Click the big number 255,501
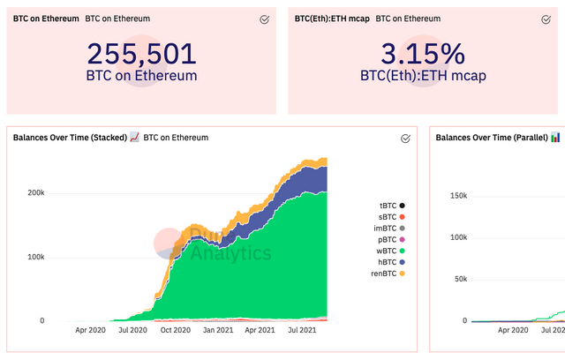coord(141,54)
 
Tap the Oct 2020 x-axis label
coord(175,330)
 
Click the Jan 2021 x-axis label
coord(217,330)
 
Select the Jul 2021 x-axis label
coord(303,330)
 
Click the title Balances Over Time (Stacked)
coord(69,138)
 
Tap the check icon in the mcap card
coord(548,19)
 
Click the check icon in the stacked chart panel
coord(405,139)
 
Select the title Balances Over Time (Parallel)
coord(492,138)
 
